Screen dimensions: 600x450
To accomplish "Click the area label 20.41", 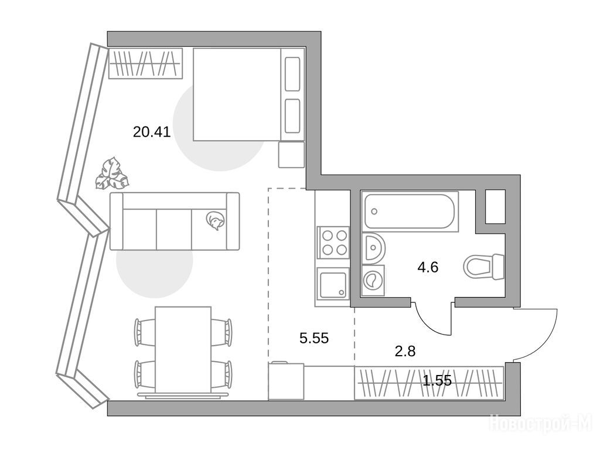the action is click(152, 132).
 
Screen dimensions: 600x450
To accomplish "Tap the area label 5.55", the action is click(314, 338).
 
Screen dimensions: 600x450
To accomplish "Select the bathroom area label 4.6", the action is click(428, 267).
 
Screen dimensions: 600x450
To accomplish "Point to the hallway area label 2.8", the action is click(405, 351).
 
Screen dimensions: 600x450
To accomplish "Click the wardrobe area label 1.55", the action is click(437, 380).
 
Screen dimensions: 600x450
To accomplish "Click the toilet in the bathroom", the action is click(483, 267).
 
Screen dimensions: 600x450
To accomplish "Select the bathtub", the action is click(410, 212).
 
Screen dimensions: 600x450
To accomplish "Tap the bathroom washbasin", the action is click(373, 247).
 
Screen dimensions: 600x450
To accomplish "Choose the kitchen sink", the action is click(333, 283).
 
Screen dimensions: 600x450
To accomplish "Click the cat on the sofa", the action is click(214, 221).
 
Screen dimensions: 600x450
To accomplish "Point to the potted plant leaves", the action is click(112, 173).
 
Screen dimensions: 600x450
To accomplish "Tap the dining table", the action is click(183, 350).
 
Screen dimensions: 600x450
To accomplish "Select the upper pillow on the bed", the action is click(293, 74).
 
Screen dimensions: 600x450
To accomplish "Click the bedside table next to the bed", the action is click(291, 154).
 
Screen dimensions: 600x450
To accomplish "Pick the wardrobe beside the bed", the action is click(145, 63).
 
